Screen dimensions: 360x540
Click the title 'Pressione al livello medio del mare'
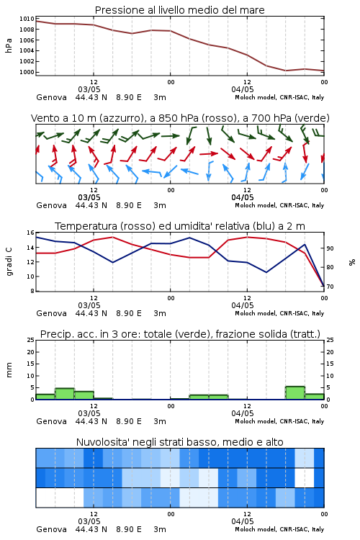point(179,10)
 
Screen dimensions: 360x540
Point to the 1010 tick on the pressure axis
point(27,19)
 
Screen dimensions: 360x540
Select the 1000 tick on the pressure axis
point(27,72)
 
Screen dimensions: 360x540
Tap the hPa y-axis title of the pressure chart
point(9,45)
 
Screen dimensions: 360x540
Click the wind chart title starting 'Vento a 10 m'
point(180,118)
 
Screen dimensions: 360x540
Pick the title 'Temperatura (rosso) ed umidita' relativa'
point(180,226)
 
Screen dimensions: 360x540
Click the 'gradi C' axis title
point(9,261)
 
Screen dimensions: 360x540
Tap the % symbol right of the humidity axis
point(352,262)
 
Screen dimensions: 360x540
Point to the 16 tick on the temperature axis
point(31,233)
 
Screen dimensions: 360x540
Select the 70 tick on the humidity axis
point(330,287)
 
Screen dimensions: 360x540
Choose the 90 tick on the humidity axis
point(330,248)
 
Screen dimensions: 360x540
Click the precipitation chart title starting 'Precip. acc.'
point(180,334)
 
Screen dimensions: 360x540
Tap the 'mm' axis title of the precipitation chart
point(9,370)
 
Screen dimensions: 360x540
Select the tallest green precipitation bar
point(295,393)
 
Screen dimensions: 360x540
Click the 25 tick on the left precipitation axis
point(31,340)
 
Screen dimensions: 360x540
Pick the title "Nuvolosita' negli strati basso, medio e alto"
point(180,442)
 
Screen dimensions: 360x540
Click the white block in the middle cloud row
point(305,477)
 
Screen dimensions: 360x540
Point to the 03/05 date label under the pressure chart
point(89,89)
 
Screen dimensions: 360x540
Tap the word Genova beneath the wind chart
point(51,205)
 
